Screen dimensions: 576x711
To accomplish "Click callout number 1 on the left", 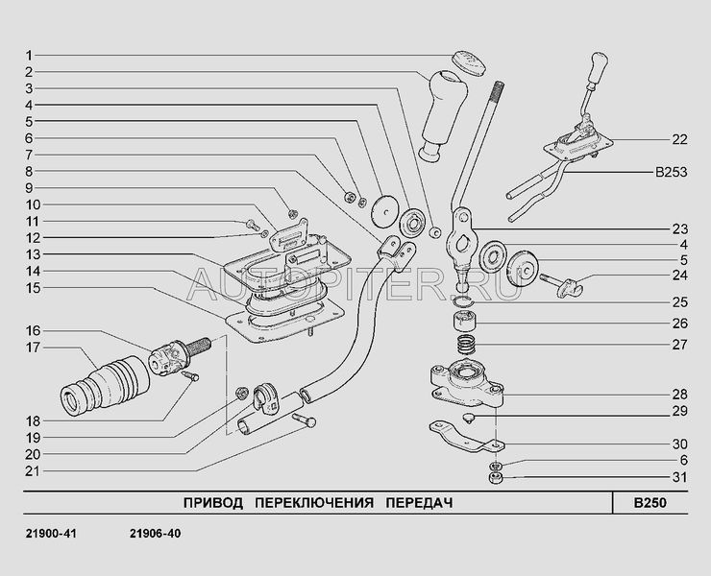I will click(29, 55).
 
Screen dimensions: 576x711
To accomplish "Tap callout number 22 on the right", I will click(679, 140).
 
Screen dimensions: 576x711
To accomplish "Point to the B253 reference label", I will click(673, 173).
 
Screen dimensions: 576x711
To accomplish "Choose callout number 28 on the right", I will click(679, 395).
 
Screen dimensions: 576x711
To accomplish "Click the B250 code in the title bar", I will click(650, 502).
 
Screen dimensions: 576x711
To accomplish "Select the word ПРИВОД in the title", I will click(210, 502).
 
